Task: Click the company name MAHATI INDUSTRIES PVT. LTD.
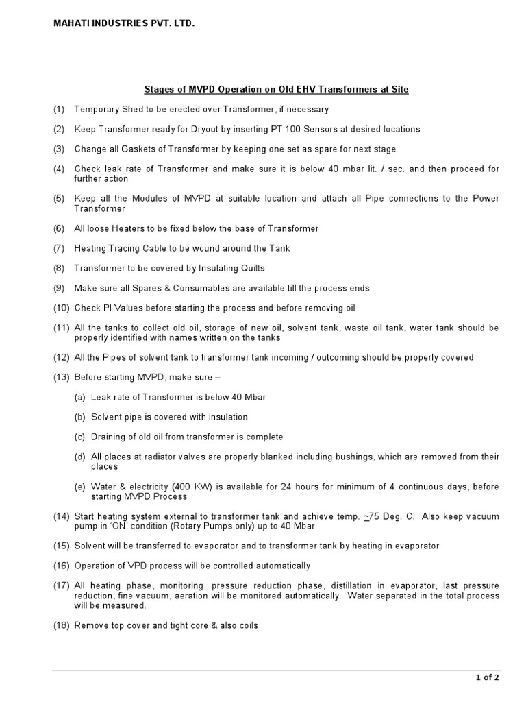[x=124, y=24]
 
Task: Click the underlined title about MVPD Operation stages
[x=276, y=90]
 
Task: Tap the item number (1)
[x=59, y=109]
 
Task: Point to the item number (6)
[x=59, y=228]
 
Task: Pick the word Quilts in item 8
[x=249, y=268]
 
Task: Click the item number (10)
[x=61, y=308]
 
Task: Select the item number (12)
[x=61, y=357]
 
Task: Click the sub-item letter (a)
[x=79, y=397]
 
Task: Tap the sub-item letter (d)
[x=79, y=457]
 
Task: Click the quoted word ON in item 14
[x=127, y=526]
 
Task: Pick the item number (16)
[x=61, y=566]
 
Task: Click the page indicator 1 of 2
[x=488, y=678]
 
